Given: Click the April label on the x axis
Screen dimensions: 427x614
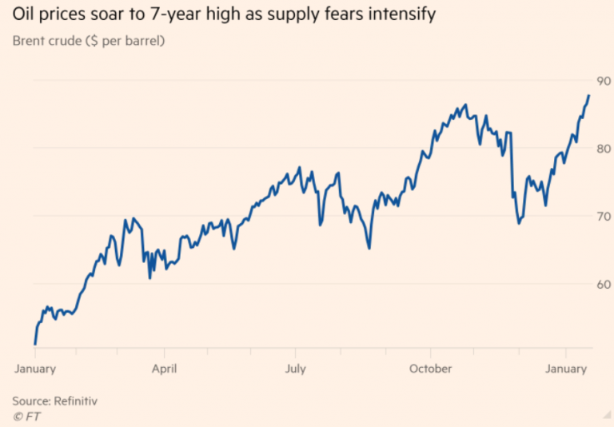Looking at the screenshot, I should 163,369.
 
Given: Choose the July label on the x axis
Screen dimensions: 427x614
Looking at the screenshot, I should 297,369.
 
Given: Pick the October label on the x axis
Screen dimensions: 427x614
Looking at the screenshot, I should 430,369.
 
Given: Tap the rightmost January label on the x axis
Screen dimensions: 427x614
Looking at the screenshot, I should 566,369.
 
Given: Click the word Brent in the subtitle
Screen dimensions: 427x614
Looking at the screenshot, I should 29,41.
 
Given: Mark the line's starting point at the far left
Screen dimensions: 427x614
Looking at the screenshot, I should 35,344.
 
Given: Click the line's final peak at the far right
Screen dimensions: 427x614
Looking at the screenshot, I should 589,95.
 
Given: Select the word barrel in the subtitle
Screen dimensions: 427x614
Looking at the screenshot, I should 141,41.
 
